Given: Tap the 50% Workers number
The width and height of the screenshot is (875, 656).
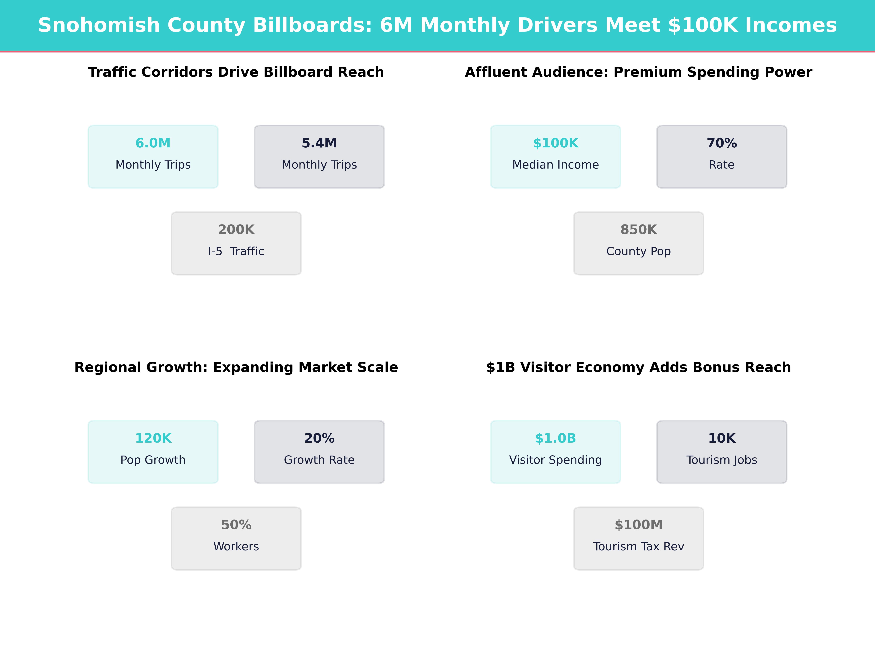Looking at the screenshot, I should pyautogui.click(x=236, y=525).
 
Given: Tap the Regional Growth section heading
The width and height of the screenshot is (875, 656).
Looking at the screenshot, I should pyautogui.click(x=236, y=367).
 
